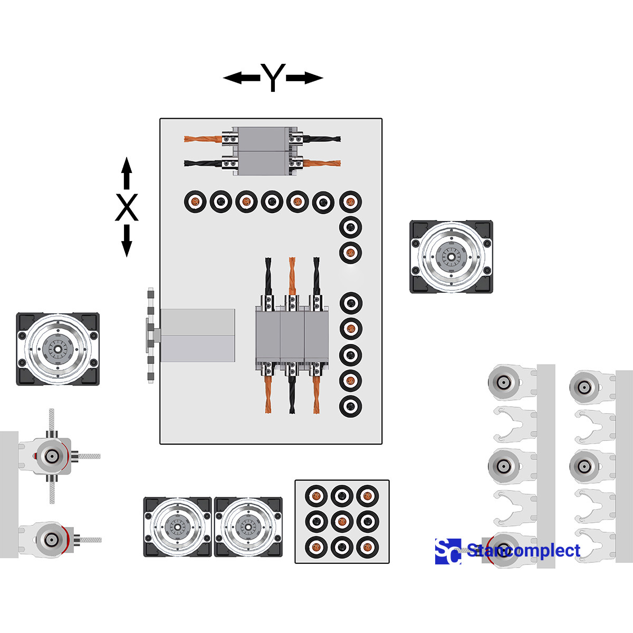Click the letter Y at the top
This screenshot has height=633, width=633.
[x=273, y=78]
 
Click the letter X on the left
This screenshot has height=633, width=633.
[x=127, y=207]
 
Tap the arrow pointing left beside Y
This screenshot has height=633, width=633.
[x=240, y=78]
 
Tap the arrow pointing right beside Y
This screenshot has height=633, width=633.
[x=305, y=78]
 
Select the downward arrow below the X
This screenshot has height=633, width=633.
[x=126, y=241]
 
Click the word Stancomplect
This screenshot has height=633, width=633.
[x=523, y=551]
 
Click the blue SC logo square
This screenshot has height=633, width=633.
[x=448, y=551]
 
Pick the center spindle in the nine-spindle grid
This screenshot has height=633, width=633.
[x=342, y=521]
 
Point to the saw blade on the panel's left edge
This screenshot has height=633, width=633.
[x=151, y=335]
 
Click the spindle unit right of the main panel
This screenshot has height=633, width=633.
[x=452, y=257]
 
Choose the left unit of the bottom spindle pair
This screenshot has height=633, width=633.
[x=178, y=527]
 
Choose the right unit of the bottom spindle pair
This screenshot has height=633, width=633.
[x=248, y=527]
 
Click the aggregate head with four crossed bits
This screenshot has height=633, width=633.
[x=52, y=456]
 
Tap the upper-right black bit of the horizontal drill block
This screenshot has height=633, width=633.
[x=322, y=139]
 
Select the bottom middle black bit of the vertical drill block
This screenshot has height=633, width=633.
[x=292, y=396]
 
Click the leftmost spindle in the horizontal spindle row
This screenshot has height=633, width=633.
[x=195, y=202]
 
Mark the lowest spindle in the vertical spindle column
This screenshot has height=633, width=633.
[x=350, y=407]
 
